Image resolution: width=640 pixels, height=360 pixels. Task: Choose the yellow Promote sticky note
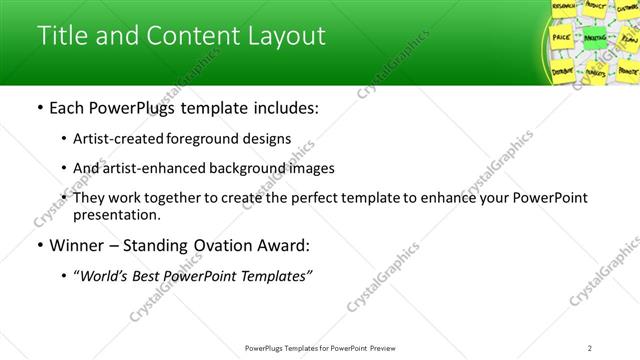(627, 72)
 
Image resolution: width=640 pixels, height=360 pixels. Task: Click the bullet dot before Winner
(39, 245)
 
